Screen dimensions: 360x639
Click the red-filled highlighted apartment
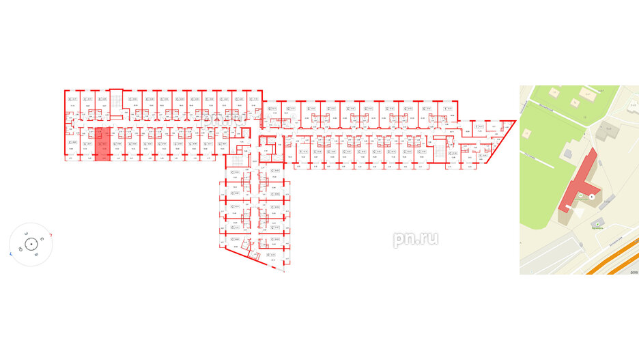click(x=101, y=143)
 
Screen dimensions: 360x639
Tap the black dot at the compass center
click(x=32, y=244)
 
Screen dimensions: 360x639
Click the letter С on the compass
click(x=42, y=238)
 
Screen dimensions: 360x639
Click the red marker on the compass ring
click(x=53, y=235)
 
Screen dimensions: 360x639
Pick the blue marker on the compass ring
click(x=11, y=253)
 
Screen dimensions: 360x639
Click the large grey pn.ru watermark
click(x=415, y=238)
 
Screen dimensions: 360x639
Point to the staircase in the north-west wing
click(x=117, y=100)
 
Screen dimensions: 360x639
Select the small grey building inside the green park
click(x=574, y=102)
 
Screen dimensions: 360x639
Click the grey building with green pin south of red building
click(x=598, y=223)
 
